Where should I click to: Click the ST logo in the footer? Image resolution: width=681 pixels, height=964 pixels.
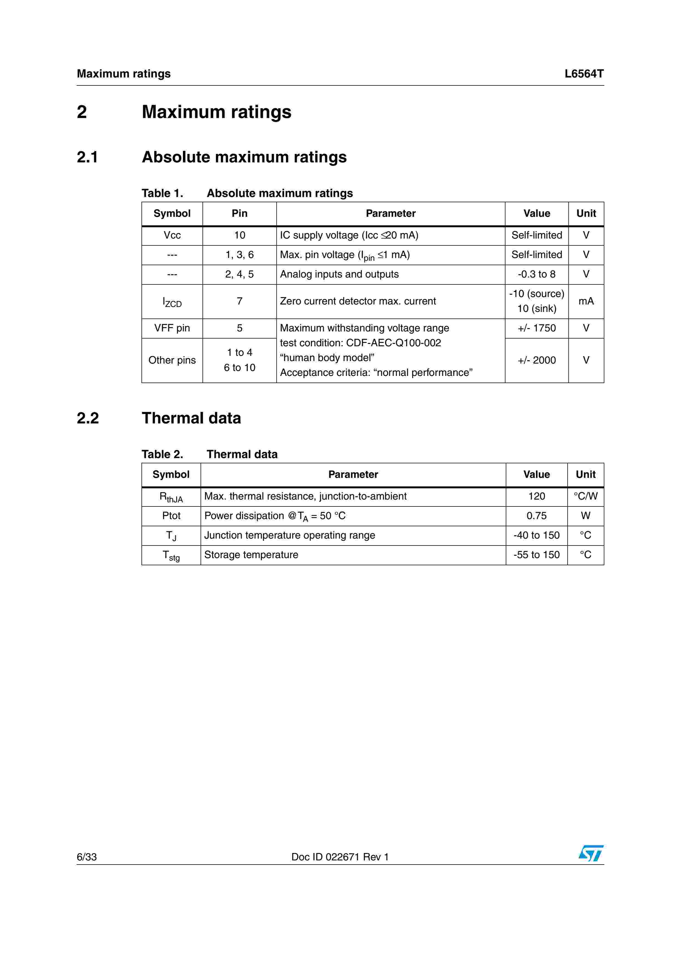coord(591,853)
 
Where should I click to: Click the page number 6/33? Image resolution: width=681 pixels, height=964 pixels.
coord(87,857)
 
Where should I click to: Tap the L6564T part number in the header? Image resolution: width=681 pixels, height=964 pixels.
coord(584,74)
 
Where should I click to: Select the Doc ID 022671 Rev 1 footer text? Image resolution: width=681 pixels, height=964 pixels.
coord(340,857)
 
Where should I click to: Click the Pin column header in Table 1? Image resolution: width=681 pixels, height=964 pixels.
coord(239,213)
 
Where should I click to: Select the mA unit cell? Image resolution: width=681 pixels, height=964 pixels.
coord(586,301)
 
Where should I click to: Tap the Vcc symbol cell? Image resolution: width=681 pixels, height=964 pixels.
coord(172,235)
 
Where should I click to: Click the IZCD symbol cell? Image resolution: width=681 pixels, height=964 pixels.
coord(172,302)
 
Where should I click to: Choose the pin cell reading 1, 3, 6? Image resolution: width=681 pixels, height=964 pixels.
coord(239,255)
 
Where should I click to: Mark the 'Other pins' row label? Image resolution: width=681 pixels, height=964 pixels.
coord(172,360)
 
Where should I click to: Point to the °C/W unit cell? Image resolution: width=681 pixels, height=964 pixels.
coord(585,496)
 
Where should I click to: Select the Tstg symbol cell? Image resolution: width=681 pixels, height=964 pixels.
coord(171,555)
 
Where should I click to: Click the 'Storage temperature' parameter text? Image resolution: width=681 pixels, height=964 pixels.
coord(251,555)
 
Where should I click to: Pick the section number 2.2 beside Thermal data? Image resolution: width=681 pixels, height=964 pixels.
coord(88,418)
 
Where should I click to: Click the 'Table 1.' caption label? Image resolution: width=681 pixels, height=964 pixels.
coord(162,193)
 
